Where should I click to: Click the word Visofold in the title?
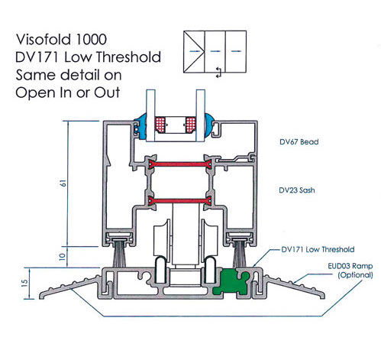coord(44,40)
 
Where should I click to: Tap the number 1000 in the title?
coord(91,40)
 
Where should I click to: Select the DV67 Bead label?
coord(299,141)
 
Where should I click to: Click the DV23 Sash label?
coord(297,190)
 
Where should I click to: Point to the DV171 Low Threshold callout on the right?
coord(318,249)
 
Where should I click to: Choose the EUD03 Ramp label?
coord(350,266)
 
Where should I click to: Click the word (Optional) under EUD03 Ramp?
coord(355,275)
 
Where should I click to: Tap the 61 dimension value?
coord(63,183)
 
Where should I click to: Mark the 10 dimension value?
coord(63,257)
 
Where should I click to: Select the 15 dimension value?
coord(24,283)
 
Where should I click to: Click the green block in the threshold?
coord(231,281)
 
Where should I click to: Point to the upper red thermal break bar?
coord(180,164)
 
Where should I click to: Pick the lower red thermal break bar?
coord(180,201)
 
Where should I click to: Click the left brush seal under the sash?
coord(119,254)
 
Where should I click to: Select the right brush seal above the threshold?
coord(239,254)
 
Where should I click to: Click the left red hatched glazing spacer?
coord(160,125)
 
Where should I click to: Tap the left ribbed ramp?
coord(69,287)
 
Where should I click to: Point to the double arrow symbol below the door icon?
coord(218,73)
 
